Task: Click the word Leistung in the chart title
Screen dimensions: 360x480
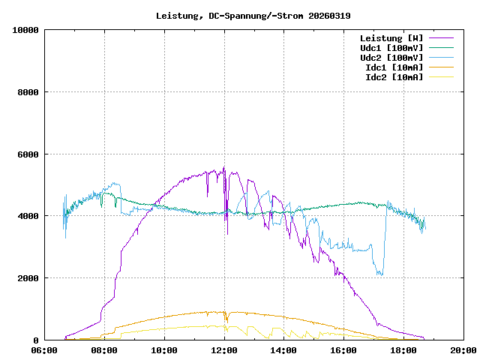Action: click(177, 16)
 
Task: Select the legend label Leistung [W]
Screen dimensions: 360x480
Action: click(391, 38)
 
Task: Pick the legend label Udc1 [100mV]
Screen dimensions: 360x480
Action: click(391, 48)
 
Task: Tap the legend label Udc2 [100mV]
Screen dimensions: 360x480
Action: click(391, 58)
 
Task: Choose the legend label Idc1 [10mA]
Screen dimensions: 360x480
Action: click(394, 67)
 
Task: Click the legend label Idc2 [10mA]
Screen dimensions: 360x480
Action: click(394, 77)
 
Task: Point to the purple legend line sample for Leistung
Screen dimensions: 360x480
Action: click(441, 38)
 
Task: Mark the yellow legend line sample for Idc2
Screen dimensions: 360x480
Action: click(441, 77)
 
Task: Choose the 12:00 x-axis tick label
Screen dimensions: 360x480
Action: click(224, 350)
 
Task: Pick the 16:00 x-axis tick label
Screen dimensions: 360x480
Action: click(343, 350)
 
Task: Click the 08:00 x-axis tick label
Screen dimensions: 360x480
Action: click(104, 350)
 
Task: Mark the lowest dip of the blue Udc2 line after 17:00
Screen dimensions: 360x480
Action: click(380, 274)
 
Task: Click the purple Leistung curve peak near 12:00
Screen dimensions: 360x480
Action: click(223, 169)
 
